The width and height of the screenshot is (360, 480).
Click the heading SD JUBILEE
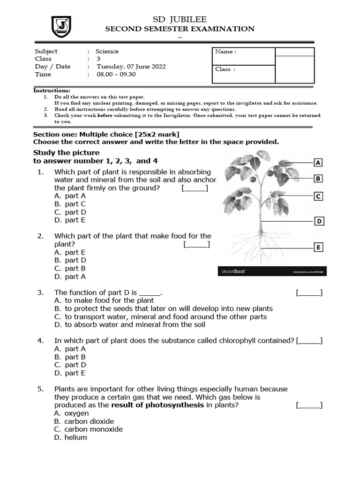pos(180,19)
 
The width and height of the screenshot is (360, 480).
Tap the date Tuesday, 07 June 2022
pos(131,67)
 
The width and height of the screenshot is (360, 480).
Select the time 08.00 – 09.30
pos(116,75)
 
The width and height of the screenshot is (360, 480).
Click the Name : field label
pos(225,52)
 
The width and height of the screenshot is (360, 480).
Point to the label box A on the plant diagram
pos(318,163)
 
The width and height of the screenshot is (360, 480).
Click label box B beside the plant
pos(318,178)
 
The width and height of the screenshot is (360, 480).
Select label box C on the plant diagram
pos(318,196)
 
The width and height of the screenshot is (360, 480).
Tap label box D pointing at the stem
pos(319,221)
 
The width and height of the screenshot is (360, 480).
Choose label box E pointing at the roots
pos(318,247)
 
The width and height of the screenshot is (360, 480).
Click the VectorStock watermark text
pos(233,271)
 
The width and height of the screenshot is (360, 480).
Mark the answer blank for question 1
pos(195,188)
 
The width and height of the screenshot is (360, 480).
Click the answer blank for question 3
pos(309,293)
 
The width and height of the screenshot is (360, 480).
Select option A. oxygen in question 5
pos(71,413)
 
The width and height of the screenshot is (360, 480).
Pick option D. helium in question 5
pos(70,437)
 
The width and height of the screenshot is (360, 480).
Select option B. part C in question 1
pos(70,204)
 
